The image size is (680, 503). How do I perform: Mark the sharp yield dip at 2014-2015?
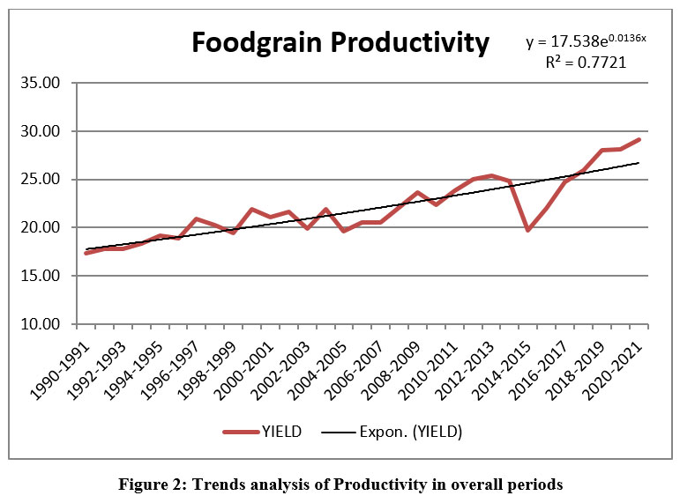point(528,230)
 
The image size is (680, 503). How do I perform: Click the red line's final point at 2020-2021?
point(639,139)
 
